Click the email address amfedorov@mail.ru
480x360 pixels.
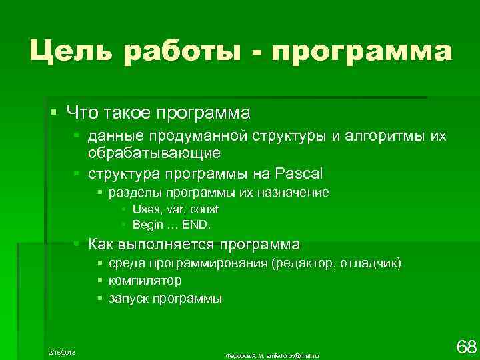point(292,356)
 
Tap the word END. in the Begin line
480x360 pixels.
point(201,224)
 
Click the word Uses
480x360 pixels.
point(146,209)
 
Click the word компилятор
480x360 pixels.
point(145,281)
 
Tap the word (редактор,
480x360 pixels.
point(304,263)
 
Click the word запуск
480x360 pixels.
point(128,299)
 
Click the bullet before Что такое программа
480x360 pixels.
point(53,109)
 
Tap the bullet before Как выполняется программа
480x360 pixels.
point(77,243)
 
